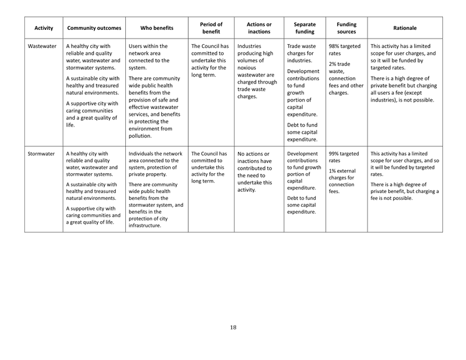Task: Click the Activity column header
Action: pyautogui.click(x=44, y=28)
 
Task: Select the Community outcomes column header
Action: pyautogui.click(x=93, y=28)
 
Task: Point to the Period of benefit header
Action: pyautogui.click(x=211, y=28)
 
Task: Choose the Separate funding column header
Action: pyautogui.click(x=305, y=28)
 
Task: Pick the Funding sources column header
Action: pyautogui.click(x=346, y=28)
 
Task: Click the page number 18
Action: pyautogui.click(x=233, y=328)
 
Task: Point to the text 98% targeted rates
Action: pyautogui.click(x=345, y=50)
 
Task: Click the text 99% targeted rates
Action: pyautogui.click(x=344, y=157)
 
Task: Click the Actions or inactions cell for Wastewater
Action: pyautogui.click(x=258, y=72)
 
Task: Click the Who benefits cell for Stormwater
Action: pyautogui.click(x=156, y=189)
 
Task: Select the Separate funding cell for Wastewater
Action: pyautogui.click(x=304, y=92)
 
